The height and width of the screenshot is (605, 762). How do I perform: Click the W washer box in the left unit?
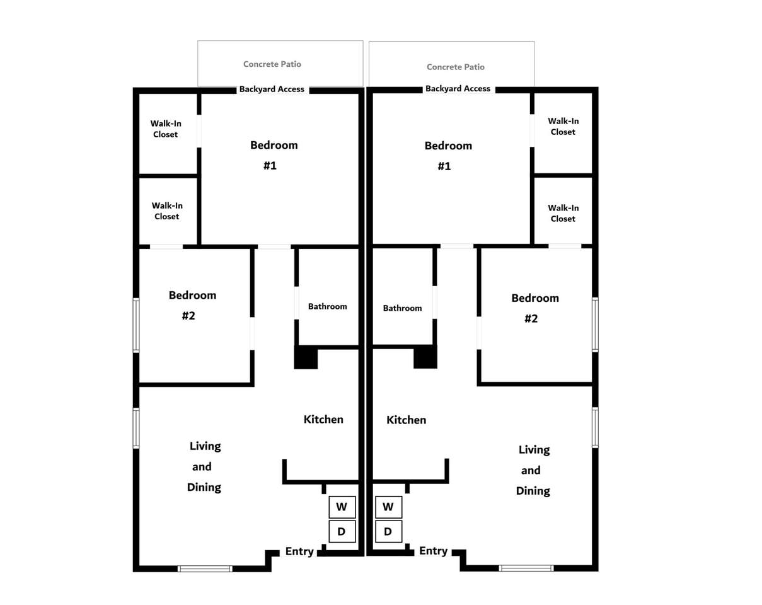point(342,507)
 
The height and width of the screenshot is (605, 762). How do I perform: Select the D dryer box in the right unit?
point(388,531)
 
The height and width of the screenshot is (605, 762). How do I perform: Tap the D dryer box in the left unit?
point(342,531)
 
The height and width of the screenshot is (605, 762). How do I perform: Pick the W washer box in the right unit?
point(388,507)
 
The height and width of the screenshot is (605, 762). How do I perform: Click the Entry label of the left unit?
point(299,551)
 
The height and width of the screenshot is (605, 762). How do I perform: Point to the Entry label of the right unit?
point(434,550)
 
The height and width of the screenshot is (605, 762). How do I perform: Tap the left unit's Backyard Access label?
point(272,89)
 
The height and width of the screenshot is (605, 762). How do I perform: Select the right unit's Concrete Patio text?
point(455,67)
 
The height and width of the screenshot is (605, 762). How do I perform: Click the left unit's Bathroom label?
point(328,306)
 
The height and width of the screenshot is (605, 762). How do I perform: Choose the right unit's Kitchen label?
point(406,420)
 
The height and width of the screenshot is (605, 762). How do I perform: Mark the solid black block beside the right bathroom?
point(425,357)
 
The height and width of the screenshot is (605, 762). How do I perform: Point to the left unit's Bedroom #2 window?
point(136,325)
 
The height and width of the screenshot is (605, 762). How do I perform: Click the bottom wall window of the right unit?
point(526,568)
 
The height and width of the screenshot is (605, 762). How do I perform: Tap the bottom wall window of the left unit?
point(205,569)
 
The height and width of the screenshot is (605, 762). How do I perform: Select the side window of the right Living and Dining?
point(595,427)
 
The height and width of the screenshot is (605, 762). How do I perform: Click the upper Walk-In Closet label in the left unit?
point(166,129)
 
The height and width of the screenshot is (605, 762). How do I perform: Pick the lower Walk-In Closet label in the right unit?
point(563,213)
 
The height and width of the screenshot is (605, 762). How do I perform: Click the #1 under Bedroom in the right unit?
point(444,166)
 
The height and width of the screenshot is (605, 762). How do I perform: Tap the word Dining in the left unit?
point(204,488)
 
